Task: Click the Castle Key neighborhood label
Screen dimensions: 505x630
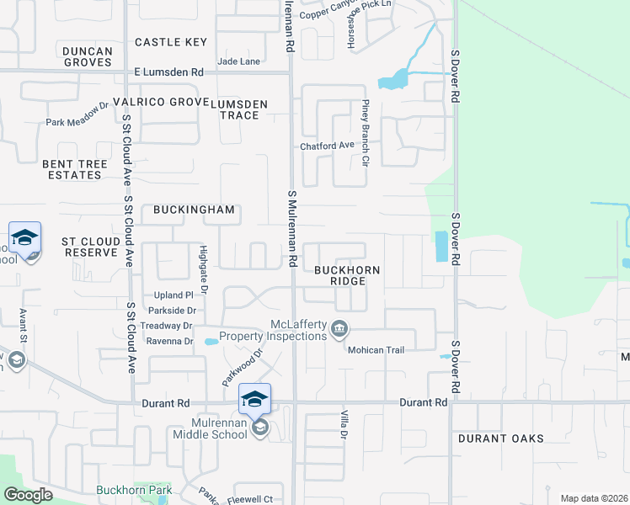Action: click(x=171, y=42)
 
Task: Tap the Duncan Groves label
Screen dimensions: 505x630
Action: click(x=88, y=56)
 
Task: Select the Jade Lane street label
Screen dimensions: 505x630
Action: click(x=238, y=61)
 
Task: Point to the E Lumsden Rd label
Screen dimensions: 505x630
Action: click(x=169, y=72)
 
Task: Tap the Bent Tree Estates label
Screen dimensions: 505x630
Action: click(x=72, y=169)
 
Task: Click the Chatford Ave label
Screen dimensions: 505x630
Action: click(x=328, y=146)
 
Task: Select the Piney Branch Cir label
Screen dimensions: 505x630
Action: click(x=366, y=132)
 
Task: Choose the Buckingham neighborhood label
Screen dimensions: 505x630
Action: click(x=193, y=210)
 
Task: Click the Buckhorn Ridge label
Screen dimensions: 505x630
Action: click(x=347, y=275)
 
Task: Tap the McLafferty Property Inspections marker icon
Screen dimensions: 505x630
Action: click(x=339, y=328)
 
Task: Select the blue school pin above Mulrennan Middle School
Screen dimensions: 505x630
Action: click(x=255, y=399)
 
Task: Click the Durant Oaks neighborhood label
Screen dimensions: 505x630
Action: click(x=501, y=439)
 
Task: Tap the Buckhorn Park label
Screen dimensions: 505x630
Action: click(x=134, y=490)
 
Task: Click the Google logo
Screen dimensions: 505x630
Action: click(x=29, y=495)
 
